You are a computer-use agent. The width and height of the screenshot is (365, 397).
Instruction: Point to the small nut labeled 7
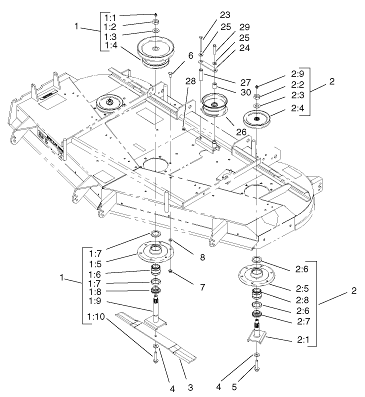[171, 272]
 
